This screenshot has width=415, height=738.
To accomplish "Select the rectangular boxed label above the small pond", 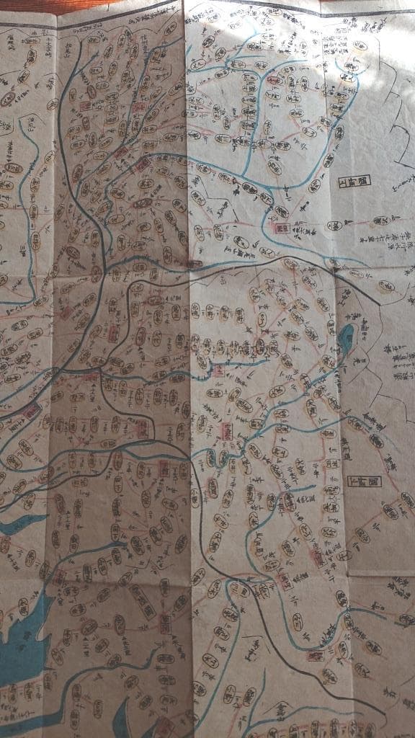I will [353, 181].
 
